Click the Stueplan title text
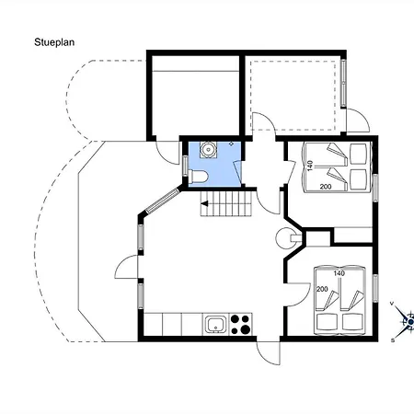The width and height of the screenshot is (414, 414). point(54,42)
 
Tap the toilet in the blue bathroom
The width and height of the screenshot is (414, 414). point(199,177)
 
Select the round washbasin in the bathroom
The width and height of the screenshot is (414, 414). point(209,149)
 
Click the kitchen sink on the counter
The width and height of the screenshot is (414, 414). point(216,325)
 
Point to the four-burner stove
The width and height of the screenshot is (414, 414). point(241,324)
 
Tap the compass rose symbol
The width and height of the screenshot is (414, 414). point(405,321)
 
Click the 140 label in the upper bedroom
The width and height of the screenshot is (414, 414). point(309,166)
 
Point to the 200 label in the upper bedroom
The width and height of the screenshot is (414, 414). point(326,186)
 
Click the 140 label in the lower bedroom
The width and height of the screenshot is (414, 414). point(339,273)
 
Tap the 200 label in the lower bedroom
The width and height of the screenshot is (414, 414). point(322,289)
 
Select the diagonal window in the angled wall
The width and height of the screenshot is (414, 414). point(162,201)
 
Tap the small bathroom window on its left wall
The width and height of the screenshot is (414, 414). point(185,166)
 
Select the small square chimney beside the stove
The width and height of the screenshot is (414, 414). point(318,237)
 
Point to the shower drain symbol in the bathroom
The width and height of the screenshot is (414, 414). point(231,143)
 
